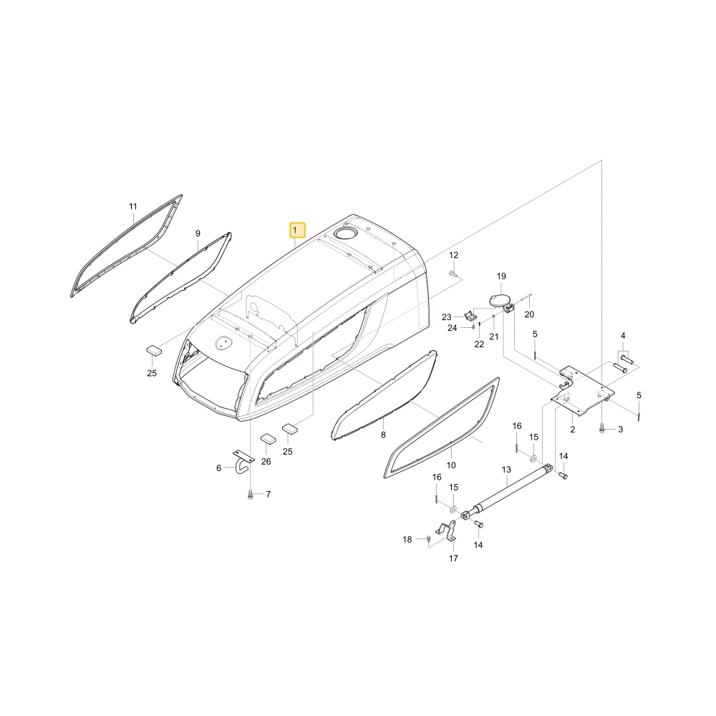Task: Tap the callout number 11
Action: tap(133, 206)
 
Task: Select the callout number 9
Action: tap(198, 233)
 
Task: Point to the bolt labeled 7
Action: tap(250, 494)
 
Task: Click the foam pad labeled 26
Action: tap(268, 439)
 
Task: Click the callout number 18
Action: tap(407, 539)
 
